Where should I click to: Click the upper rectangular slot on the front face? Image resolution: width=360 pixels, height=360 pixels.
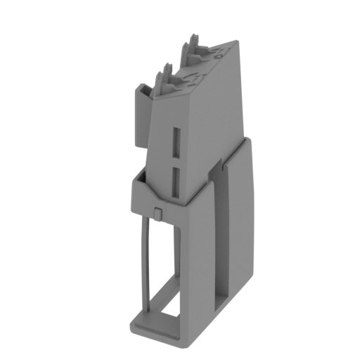click(x=176, y=142)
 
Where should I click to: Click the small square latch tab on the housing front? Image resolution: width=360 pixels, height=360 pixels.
click(x=159, y=212)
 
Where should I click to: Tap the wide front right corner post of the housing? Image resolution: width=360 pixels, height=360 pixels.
click(x=200, y=274)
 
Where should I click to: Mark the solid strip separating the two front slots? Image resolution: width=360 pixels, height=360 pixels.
click(x=176, y=161)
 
